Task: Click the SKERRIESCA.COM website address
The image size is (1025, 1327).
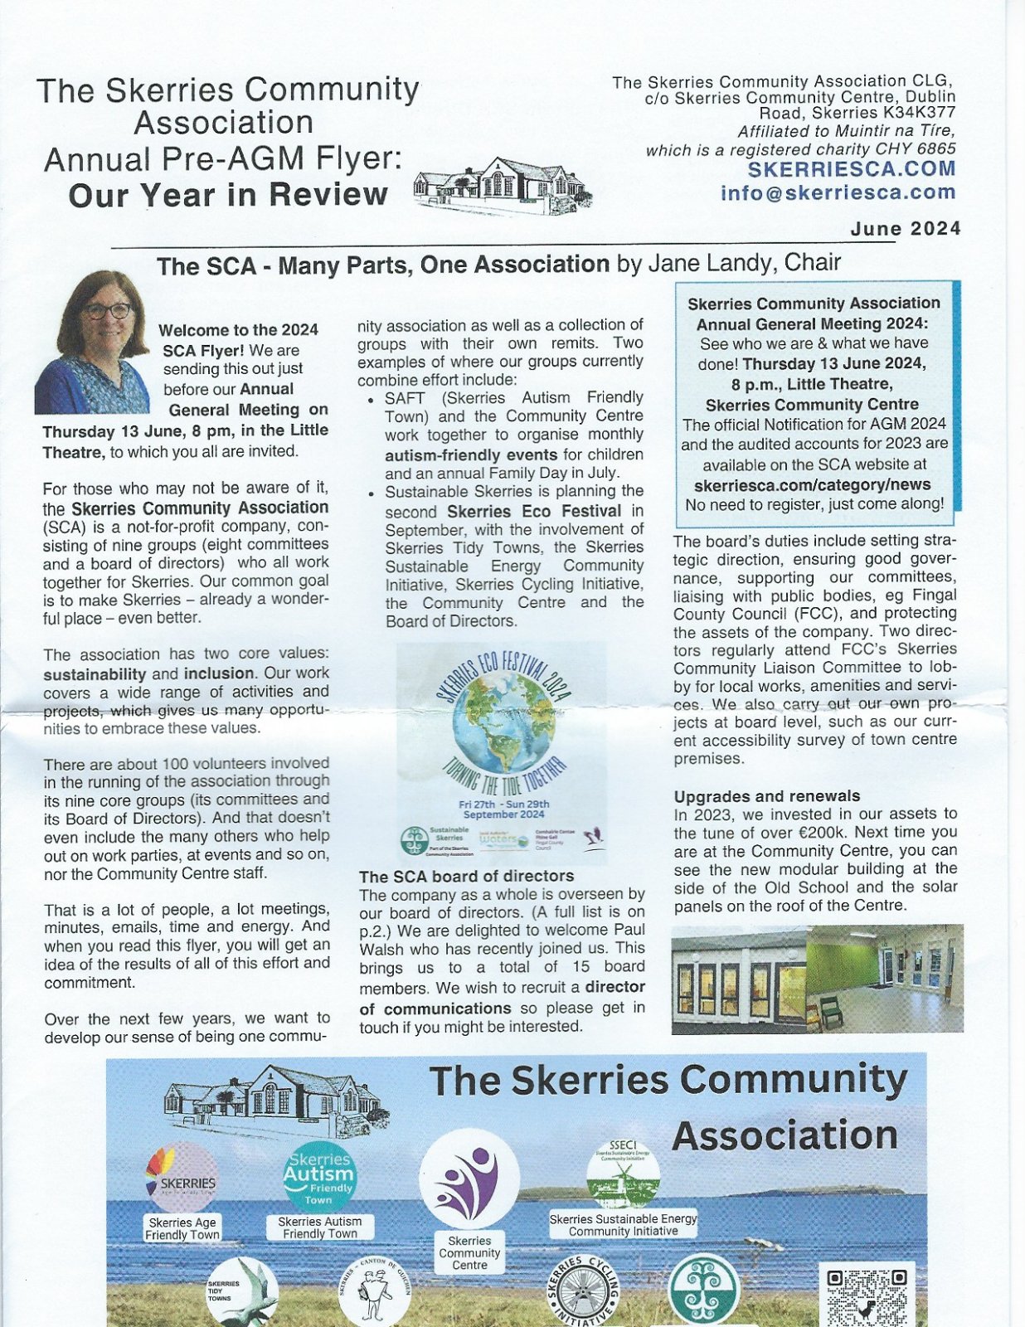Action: pos(852,169)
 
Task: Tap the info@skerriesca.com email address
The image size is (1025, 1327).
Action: pos(838,192)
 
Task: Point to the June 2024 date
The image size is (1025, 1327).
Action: pos(906,229)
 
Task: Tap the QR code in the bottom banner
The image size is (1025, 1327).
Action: pos(867,1295)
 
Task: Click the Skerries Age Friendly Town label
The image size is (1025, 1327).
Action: pos(182,1228)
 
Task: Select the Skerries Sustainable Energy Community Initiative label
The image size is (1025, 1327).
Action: pos(624,1225)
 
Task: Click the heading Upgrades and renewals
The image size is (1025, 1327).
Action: pos(767,796)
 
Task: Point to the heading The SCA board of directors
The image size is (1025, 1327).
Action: pos(466,876)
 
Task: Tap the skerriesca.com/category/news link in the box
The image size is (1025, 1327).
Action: pos(812,484)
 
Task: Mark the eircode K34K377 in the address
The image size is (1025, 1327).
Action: pos(924,114)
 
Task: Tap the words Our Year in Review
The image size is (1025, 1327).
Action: pos(228,196)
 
